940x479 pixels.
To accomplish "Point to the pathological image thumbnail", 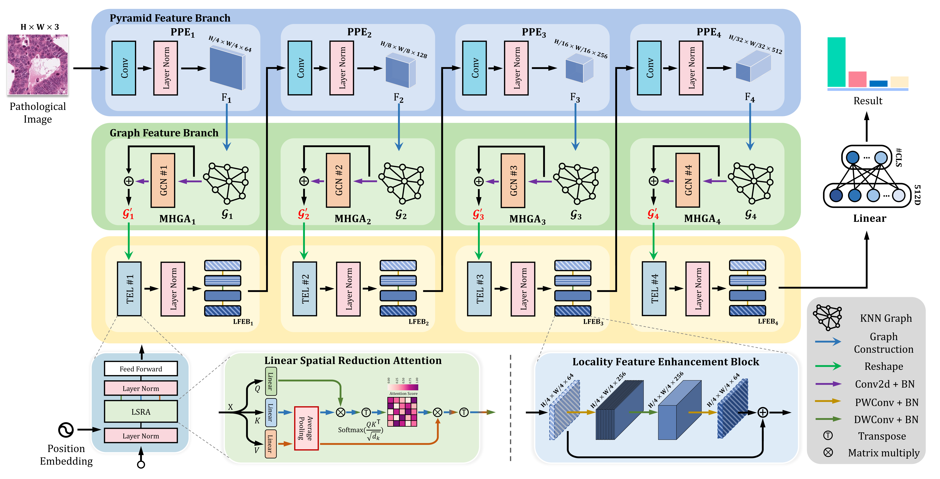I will click(x=38, y=65).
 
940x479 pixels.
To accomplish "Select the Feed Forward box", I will click(x=141, y=369).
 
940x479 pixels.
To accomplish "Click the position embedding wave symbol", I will click(x=66, y=430).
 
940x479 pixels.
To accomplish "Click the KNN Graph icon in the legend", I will click(x=828, y=317).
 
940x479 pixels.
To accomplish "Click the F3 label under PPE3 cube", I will click(x=575, y=98).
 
